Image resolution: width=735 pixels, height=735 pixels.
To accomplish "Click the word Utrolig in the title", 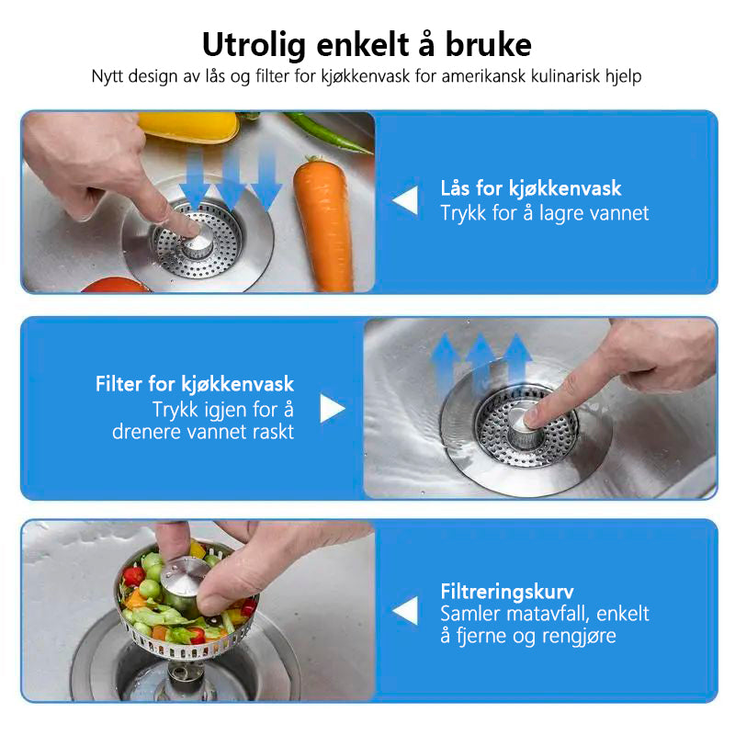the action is [x=254, y=45].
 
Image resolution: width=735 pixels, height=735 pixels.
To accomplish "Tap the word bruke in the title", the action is [x=488, y=44].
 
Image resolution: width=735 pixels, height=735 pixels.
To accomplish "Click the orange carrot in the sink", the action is [x=324, y=222].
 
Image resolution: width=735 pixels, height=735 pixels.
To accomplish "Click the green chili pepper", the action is [x=328, y=132].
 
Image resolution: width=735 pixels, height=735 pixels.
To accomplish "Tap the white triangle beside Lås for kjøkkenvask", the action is [x=405, y=200].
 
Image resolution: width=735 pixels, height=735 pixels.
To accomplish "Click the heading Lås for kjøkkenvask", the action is [x=531, y=188].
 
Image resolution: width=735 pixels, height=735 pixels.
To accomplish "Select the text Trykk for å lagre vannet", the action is [x=544, y=213].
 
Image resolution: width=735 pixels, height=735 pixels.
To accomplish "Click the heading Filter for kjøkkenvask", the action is [x=195, y=384].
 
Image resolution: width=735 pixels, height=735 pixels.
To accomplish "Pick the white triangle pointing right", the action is [x=333, y=408].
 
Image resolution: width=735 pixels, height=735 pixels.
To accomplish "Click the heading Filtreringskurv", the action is [x=507, y=592].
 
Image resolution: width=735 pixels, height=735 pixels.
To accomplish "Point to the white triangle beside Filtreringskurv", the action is [x=405, y=610].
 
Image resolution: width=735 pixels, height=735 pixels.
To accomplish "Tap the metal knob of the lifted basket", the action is [x=185, y=580].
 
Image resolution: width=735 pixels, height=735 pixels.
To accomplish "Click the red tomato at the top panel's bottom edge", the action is [x=115, y=285].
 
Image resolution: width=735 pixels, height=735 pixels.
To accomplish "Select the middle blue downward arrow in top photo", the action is [x=231, y=179].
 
